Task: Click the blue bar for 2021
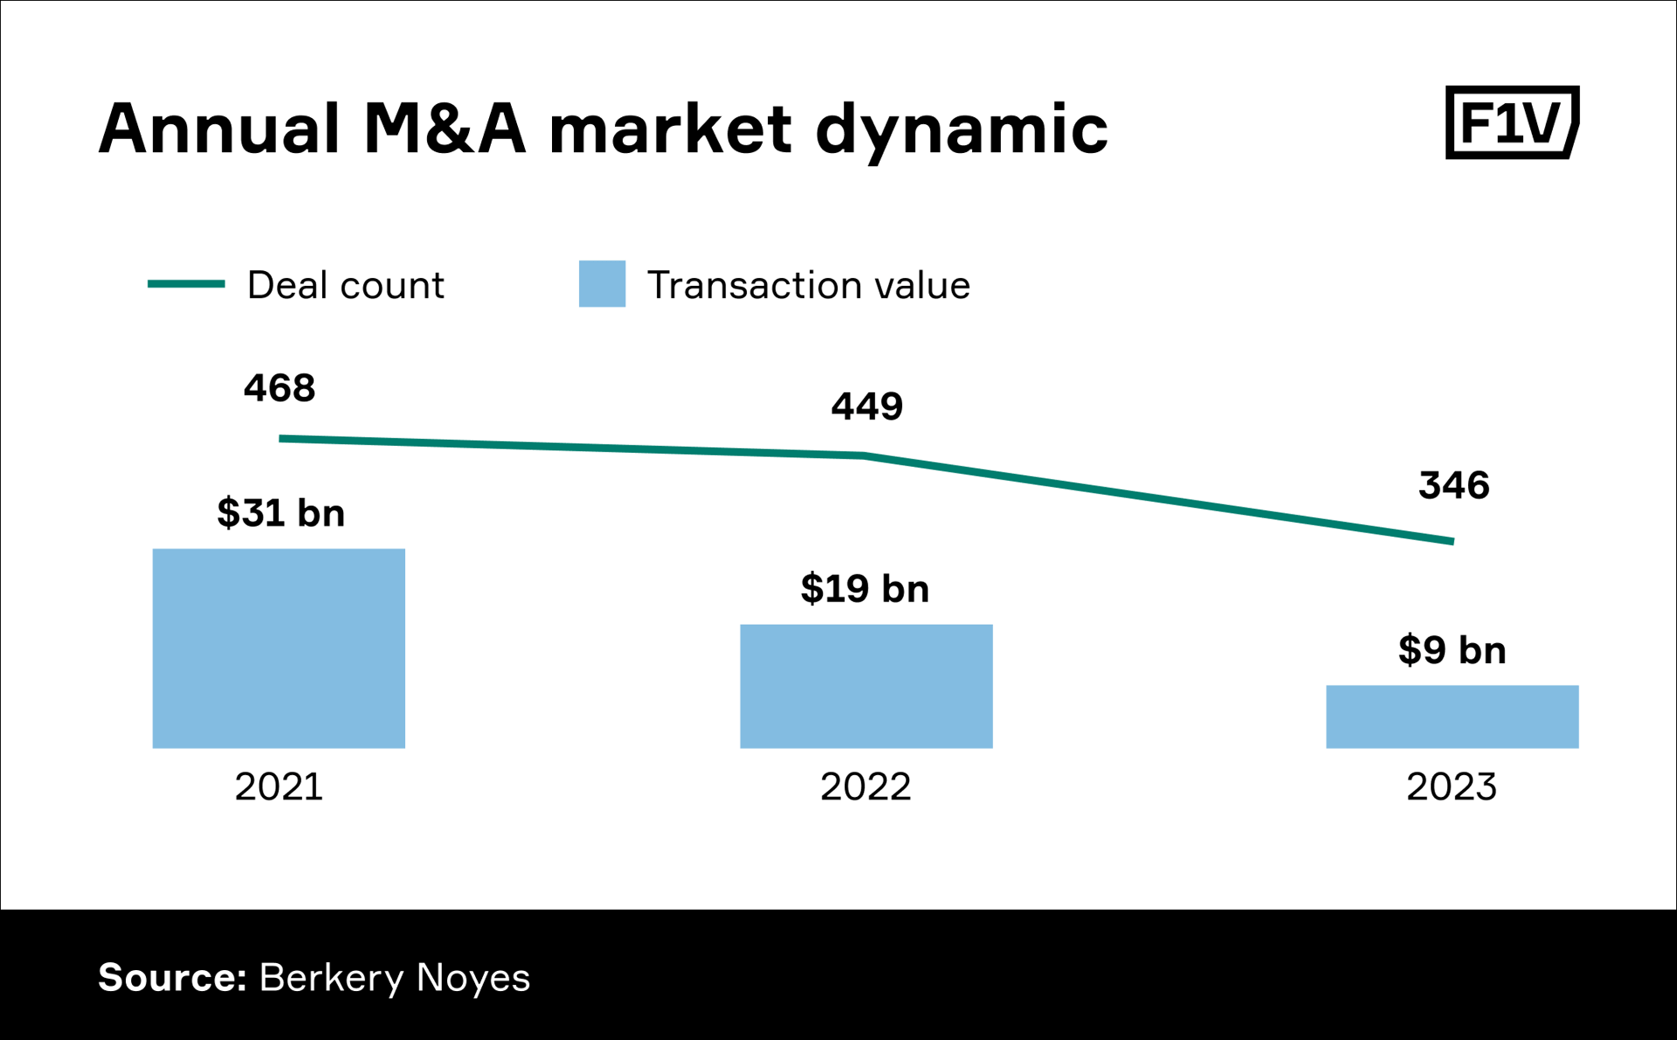click(x=279, y=648)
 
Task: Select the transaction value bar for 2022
click(x=866, y=686)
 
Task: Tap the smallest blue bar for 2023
click(x=1452, y=717)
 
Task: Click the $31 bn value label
click(x=280, y=513)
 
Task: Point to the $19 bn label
click(x=865, y=588)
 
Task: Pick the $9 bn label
click(x=1452, y=650)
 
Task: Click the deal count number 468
click(x=279, y=388)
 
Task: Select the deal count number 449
click(x=866, y=406)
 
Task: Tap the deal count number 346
click(x=1453, y=485)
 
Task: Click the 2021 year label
click(x=279, y=787)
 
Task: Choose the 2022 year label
click(x=866, y=787)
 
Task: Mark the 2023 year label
click(x=1452, y=787)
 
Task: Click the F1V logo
click(x=1512, y=122)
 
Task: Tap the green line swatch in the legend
click(x=186, y=284)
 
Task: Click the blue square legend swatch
click(x=602, y=284)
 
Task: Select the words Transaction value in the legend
click(x=808, y=285)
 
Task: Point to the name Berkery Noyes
click(x=395, y=977)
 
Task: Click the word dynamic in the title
click(x=961, y=129)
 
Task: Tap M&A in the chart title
click(x=445, y=129)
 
